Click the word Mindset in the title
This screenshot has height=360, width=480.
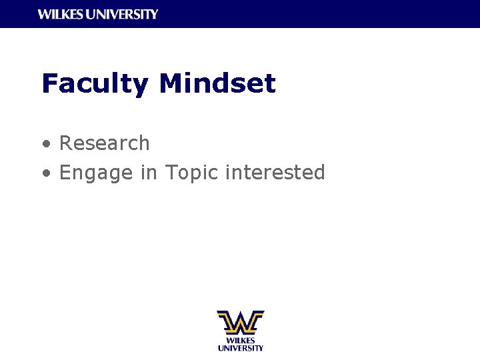coord(217,84)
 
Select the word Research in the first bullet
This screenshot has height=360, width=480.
coord(105,143)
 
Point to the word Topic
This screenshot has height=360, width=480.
coord(192,173)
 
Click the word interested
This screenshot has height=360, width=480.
coord(275,172)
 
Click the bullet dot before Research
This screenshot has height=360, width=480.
coord(45,143)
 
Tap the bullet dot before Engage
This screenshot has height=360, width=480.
coord(45,173)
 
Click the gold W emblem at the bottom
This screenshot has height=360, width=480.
coord(240,322)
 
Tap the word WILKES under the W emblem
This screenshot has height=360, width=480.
coord(240,340)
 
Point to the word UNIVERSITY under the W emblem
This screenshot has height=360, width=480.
coord(240,347)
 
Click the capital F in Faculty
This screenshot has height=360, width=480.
coord(49,84)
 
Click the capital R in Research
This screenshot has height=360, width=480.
coord(66,143)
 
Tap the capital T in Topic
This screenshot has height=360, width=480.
coord(172,172)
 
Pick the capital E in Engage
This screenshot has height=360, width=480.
coord(65,173)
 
